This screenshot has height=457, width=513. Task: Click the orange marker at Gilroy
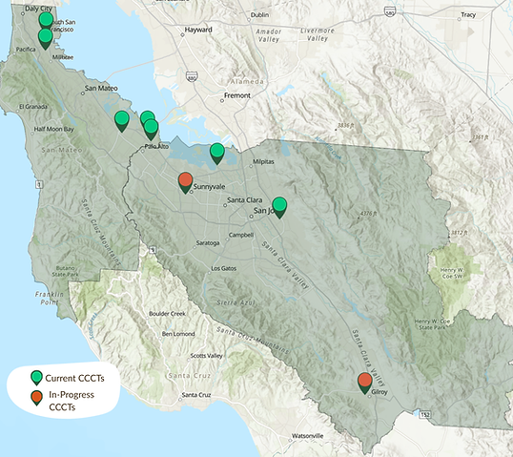(365, 383)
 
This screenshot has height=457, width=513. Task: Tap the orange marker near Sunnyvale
(186, 181)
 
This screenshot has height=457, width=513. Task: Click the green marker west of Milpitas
(217, 152)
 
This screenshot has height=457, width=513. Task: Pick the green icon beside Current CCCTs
(36, 377)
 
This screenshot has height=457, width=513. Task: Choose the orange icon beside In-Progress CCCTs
(36, 398)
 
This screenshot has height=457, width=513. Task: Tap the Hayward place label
(198, 30)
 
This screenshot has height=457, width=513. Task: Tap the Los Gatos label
(222, 267)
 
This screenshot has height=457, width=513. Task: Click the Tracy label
(467, 15)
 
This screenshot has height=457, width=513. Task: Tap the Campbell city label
(241, 235)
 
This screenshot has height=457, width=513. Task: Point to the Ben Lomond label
(179, 334)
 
